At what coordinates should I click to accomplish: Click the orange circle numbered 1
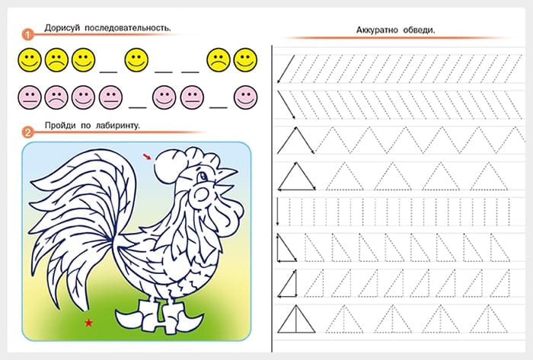(x=27, y=34)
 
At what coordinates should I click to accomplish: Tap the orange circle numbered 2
(x=27, y=132)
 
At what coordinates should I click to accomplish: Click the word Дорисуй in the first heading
(x=62, y=28)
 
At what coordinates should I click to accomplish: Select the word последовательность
(x=127, y=28)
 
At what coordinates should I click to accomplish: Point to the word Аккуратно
(x=377, y=30)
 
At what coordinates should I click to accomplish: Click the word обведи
(x=419, y=30)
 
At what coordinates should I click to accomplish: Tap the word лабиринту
(x=117, y=126)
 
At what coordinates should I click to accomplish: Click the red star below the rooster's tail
(x=89, y=322)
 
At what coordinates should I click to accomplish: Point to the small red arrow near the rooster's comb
(x=147, y=156)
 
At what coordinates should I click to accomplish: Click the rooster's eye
(x=203, y=177)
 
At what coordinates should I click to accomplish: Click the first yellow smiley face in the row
(x=30, y=60)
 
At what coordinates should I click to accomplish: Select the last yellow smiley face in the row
(x=245, y=60)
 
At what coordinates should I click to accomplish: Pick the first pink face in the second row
(x=30, y=97)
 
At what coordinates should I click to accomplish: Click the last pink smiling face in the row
(x=245, y=97)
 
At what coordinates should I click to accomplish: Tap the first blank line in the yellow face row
(x=108, y=72)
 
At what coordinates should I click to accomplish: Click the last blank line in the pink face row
(x=219, y=107)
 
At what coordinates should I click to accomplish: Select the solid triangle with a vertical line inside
(x=296, y=319)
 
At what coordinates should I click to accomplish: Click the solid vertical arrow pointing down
(x=278, y=212)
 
